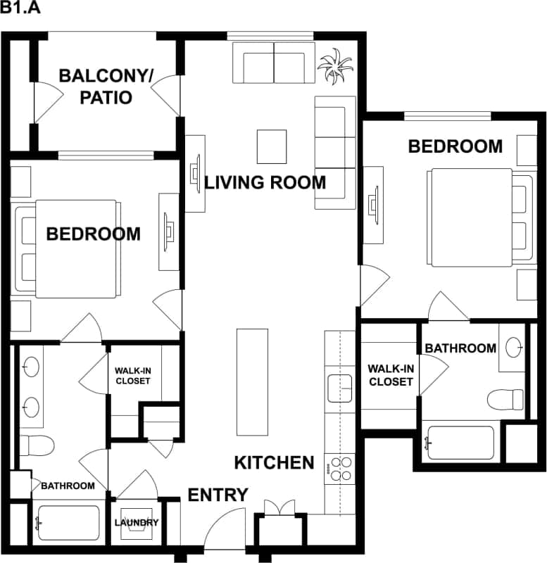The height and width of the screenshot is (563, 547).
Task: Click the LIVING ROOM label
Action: (x=265, y=183)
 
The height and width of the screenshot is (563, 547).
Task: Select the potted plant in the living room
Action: (x=334, y=66)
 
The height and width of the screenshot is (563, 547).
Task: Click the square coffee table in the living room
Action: (x=272, y=146)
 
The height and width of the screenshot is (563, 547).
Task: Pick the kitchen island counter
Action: (x=253, y=382)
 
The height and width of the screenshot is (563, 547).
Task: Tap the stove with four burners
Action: (x=339, y=469)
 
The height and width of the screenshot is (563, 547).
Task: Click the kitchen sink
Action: (x=339, y=388)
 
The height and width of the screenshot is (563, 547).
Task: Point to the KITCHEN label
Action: (x=274, y=462)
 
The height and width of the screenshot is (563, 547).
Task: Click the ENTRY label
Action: (x=218, y=495)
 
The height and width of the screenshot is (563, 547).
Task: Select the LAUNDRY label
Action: (x=137, y=523)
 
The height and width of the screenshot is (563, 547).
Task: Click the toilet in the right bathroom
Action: (x=505, y=399)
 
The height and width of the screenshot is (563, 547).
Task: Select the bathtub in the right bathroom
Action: (x=461, y=443)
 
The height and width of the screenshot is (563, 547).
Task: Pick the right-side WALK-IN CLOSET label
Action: (x=390, y=375)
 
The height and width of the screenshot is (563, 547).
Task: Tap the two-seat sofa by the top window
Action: (x=274, y=63)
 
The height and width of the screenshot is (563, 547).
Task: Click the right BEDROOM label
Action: (x=455, y=146)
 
